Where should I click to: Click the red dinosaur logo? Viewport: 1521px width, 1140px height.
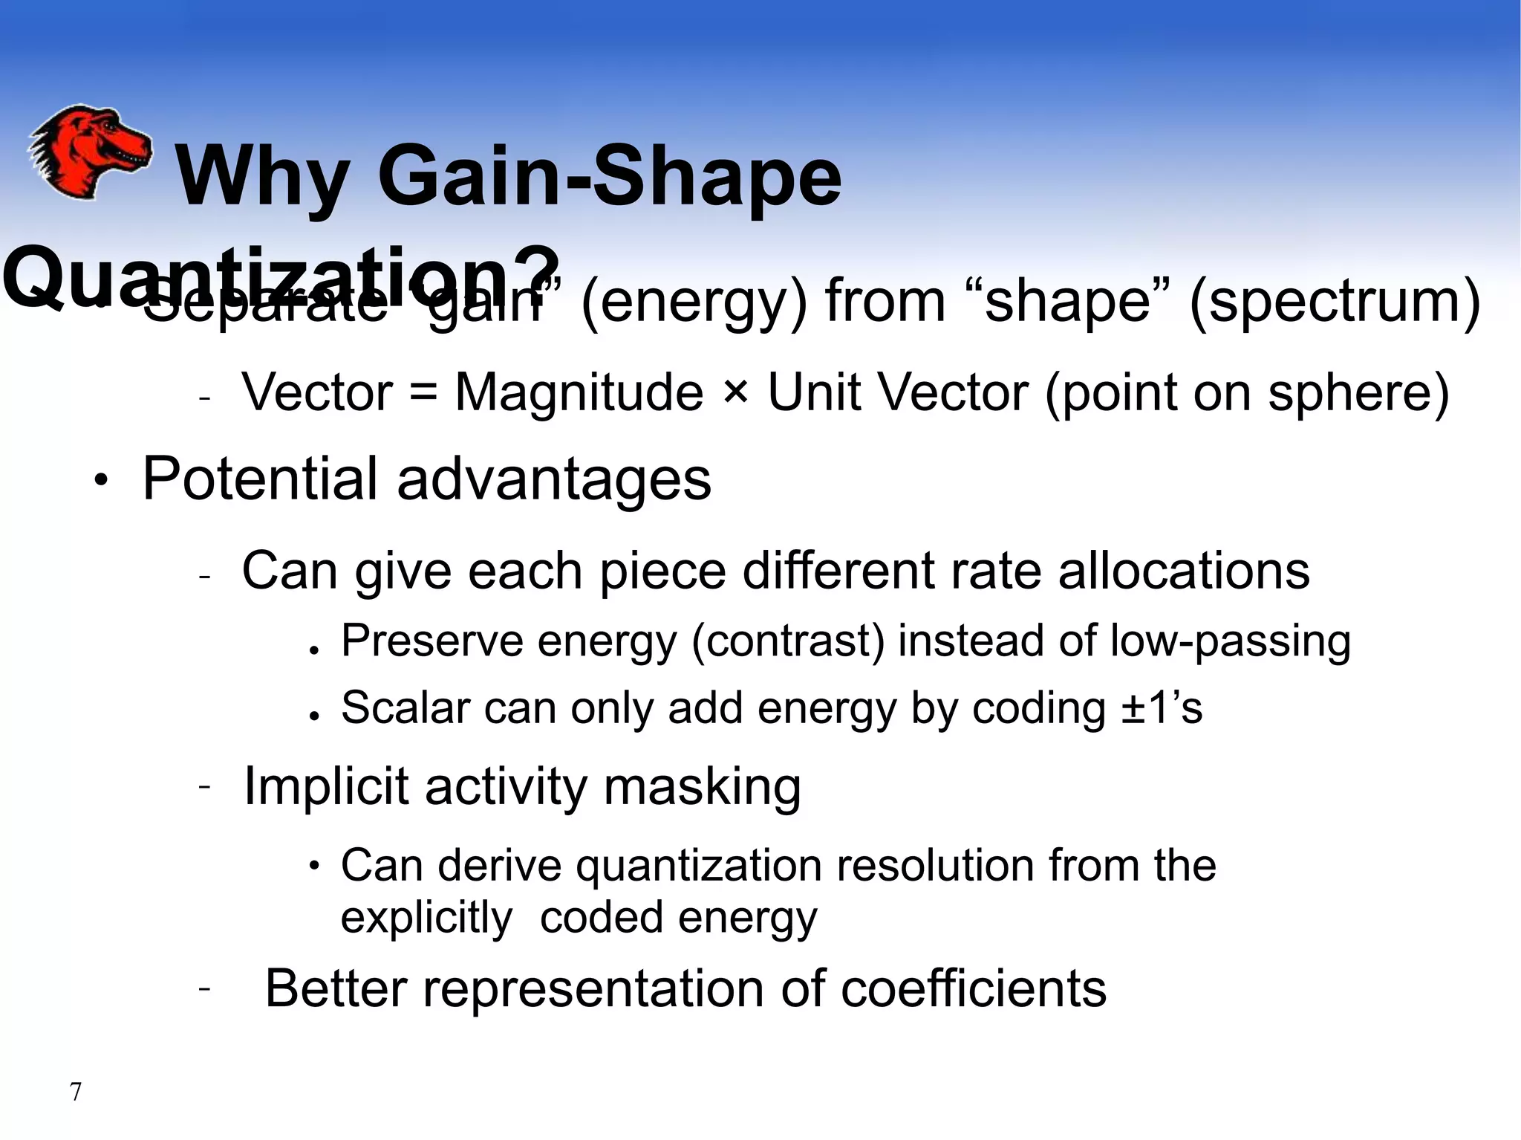click(x=89, y=152)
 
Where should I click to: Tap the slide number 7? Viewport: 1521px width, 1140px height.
click(x=75, y=1092)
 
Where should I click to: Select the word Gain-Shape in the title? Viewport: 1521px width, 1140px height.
click(x=609, y=178)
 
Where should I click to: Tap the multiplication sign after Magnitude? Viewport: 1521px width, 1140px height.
click(x=735, y=392)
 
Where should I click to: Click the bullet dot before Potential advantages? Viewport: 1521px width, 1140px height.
click(x=101, y=481)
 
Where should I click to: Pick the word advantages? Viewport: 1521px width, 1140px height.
click(x=553, y=479)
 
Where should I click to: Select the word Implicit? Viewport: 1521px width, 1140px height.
click(x=326, y=786)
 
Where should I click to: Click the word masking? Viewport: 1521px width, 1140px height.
click(x=702, y=786)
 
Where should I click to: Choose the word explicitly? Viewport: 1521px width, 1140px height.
click(x=426, y=917)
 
